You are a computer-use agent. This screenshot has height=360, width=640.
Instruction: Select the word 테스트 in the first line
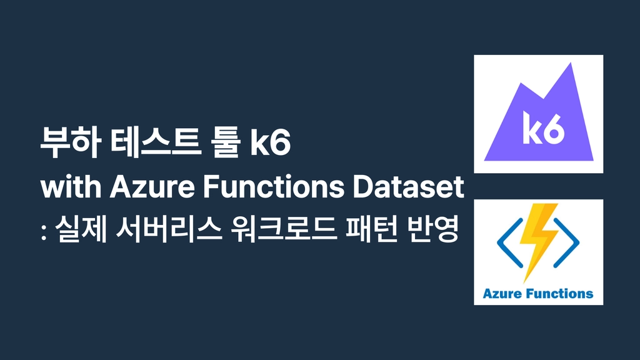(x=156, y=142)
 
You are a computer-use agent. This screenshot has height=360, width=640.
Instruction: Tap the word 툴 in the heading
(x=225, y=142)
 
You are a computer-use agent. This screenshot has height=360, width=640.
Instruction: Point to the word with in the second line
(x=71, y=187)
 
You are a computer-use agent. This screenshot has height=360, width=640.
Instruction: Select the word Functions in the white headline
(x=274, y=187)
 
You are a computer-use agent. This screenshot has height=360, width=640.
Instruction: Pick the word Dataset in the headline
(x=408, y=187)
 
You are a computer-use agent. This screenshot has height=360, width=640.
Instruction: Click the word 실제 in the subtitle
(x=81, y=229)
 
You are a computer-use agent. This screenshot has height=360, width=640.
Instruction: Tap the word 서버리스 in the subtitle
(x=169, y=229)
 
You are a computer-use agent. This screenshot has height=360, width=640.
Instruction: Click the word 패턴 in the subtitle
(x=371, y=229)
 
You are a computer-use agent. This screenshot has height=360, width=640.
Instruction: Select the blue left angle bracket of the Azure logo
(x=510, y=243)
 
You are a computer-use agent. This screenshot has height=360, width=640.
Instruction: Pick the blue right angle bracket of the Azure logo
(x=566, y=243)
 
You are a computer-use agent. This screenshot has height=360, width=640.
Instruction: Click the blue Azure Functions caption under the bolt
(x=538, y=294)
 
